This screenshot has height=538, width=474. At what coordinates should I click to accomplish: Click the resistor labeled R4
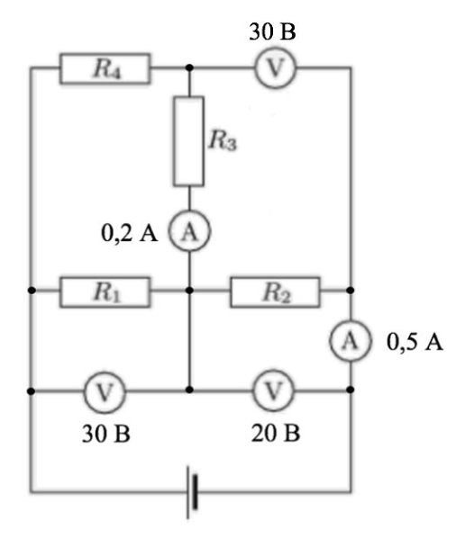pos(105,68)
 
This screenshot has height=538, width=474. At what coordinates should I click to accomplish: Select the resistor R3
pos(188,141)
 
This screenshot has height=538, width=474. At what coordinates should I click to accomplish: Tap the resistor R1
pos(105,291)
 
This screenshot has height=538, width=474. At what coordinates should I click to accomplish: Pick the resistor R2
pos(275,291)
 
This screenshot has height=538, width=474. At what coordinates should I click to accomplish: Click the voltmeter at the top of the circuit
pos(276,67)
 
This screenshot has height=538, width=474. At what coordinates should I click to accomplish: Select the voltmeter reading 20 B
pos(274,390)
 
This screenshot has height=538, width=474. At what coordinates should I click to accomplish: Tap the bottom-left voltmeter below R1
pos(105,391)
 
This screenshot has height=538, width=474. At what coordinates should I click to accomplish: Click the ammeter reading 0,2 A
pos(189,230)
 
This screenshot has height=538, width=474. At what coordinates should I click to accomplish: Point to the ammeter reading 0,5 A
pos(351,341)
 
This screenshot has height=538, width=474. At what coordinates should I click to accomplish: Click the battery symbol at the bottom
pos(192,492)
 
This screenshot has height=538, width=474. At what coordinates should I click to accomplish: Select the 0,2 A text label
pos(130,233)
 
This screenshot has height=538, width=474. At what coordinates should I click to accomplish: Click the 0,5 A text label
pos(415,342)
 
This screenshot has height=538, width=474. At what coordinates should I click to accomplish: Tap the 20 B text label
pos(276,433)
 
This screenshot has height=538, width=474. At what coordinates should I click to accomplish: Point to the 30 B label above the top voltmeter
pos(272,31)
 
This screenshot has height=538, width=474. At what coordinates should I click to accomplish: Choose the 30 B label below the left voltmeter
pos(106,434)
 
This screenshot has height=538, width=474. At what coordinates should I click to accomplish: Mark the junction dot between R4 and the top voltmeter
pos(189,67)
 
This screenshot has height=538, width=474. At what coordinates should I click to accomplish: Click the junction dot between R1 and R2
pos(189,291)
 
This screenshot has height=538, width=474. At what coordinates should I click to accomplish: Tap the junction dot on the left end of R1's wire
pos(32,291)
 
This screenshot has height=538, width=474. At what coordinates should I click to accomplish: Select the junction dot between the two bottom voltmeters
pos(189,390)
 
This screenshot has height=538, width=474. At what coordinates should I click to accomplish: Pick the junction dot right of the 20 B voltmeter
pos(351,390)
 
